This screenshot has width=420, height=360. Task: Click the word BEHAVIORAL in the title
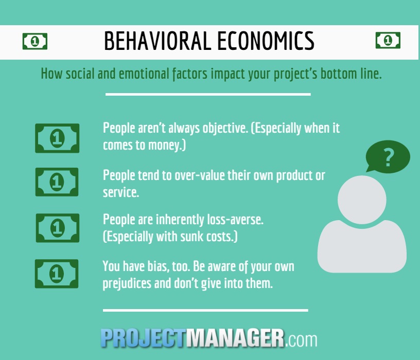[157, 41]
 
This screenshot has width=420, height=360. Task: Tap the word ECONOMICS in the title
[266, 41]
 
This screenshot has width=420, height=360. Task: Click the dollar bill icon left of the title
[35, 41]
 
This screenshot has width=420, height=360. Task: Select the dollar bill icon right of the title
[388, 40]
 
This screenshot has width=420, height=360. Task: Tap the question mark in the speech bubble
[389, 157]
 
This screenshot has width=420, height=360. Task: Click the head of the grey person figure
[362, 200]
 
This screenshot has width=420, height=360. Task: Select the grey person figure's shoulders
[362, 246]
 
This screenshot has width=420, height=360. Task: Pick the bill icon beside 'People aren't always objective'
[57, 138]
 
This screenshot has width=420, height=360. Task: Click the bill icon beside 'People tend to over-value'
[57, 182]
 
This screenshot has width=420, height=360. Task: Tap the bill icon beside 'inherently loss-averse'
[58, 228]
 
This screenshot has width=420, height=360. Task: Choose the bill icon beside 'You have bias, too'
[57, 274]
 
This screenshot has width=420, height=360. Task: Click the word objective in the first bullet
[225, 129]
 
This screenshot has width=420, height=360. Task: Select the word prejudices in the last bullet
[127, 284]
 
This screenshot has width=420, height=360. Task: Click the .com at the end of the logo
[301, 340]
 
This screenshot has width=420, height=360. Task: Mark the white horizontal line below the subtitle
[208, 94]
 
